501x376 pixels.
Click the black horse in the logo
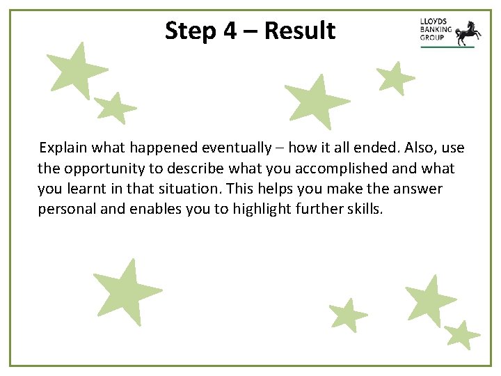(466, 31)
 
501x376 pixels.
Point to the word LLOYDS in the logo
(434, 22)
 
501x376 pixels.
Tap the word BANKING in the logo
(436, 30)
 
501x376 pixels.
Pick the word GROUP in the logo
(432, 38)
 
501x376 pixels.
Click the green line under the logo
(447, 47)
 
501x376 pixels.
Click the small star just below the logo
(395, 78)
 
